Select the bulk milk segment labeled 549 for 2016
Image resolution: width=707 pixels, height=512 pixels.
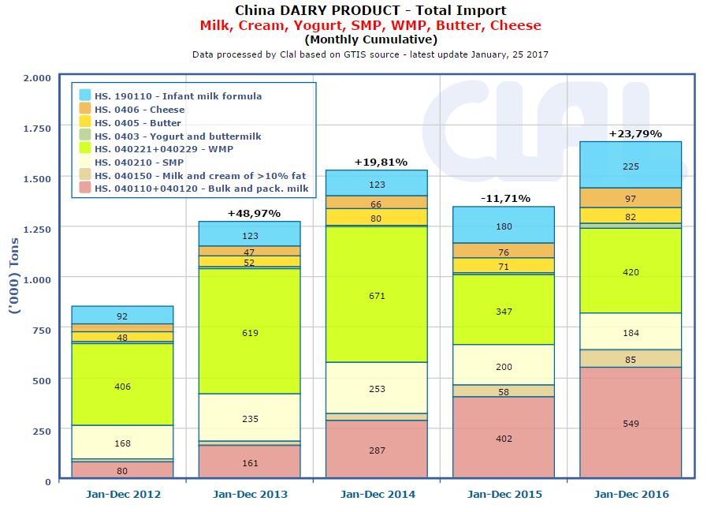631,423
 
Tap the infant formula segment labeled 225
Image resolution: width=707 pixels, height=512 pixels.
631,166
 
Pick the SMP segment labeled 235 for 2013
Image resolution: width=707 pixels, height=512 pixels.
249,418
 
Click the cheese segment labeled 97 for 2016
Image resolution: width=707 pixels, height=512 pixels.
631,198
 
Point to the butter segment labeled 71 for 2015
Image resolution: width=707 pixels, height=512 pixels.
503,266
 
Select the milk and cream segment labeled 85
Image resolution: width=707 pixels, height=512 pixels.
631,359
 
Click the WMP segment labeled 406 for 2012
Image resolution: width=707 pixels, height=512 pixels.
122,386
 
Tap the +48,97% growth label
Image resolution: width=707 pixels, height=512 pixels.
253,213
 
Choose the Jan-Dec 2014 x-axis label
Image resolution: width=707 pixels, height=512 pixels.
378,495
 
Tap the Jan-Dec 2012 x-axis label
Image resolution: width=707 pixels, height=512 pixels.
122,495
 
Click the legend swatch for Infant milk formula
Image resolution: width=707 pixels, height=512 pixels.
84,95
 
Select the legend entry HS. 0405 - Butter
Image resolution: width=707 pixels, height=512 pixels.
137,123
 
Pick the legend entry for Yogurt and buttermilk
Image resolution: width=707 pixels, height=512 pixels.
177,136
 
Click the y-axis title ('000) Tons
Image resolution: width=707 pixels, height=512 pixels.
13,276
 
